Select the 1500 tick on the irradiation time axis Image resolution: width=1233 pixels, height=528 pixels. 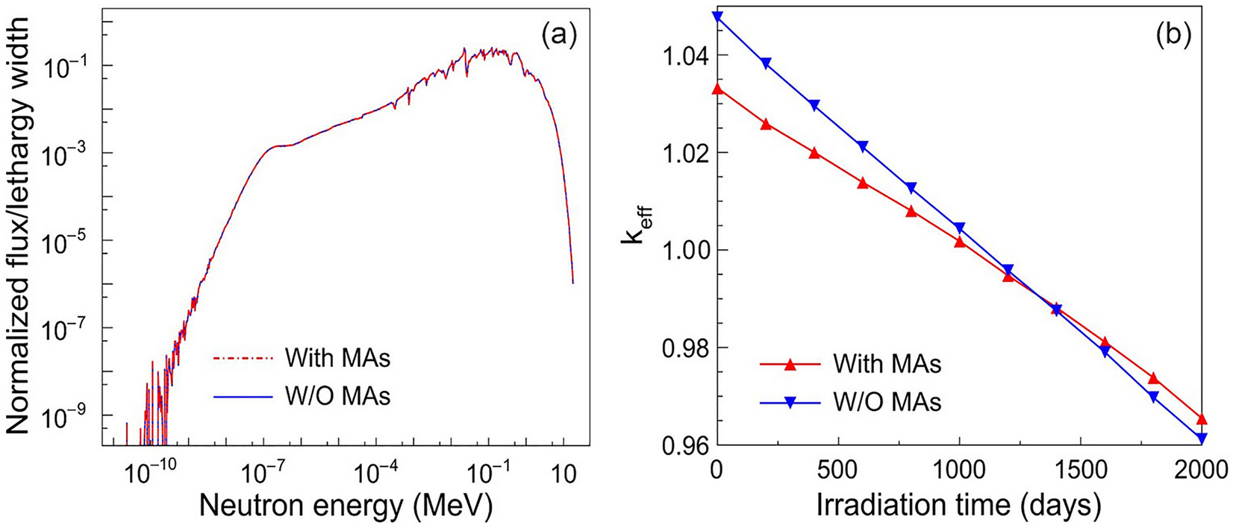1081,473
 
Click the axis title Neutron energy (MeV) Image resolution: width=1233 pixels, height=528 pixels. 346,506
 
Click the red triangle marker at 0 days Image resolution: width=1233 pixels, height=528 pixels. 717,89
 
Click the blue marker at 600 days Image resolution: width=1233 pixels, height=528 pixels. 863,147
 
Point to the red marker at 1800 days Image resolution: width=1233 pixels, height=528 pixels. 1153,378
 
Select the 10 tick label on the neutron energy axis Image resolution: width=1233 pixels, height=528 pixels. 564,473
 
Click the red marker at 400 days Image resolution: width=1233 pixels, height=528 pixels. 814,153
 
